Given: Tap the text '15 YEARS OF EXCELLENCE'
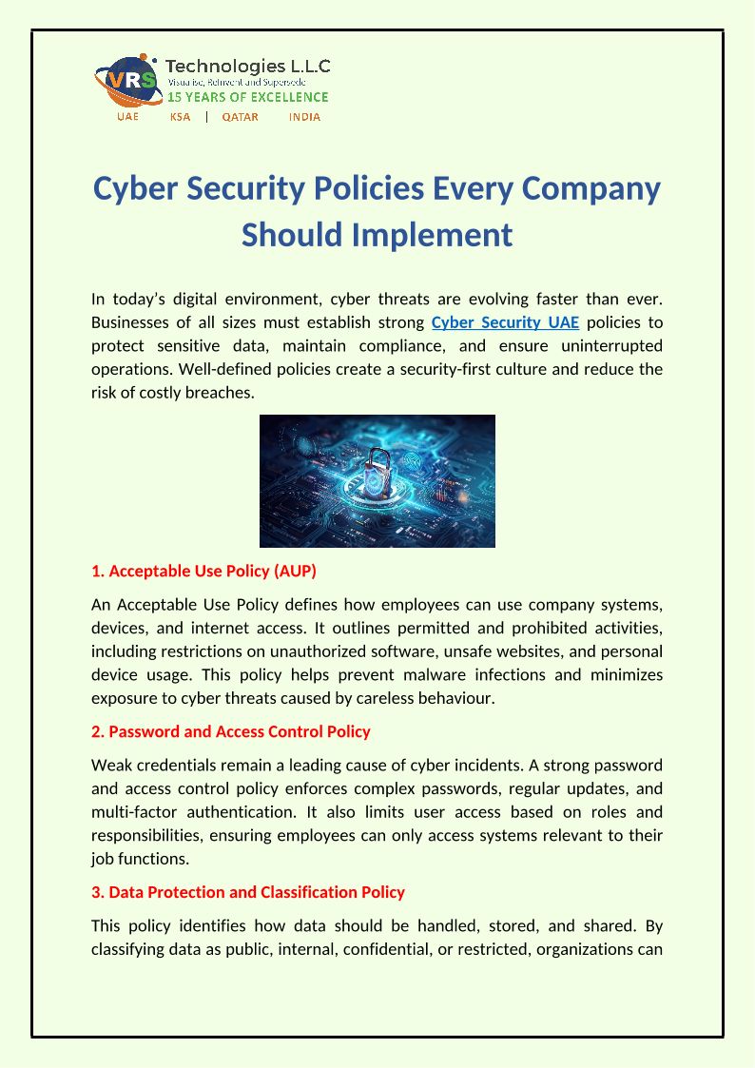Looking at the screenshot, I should click(248, 97).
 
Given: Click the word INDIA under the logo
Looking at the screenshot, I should click(303, 117).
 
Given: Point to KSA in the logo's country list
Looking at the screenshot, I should click(180, 117).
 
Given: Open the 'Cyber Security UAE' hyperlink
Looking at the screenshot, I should click(505, 321).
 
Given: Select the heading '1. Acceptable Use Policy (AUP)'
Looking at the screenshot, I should click(203, 572).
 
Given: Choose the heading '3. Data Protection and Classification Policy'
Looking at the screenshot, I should click(248, 892).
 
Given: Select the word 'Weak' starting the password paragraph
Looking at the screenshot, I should click(110, 766).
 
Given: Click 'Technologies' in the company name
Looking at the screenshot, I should click(225, 67).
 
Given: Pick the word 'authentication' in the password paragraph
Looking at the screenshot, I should click(245, 812).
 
